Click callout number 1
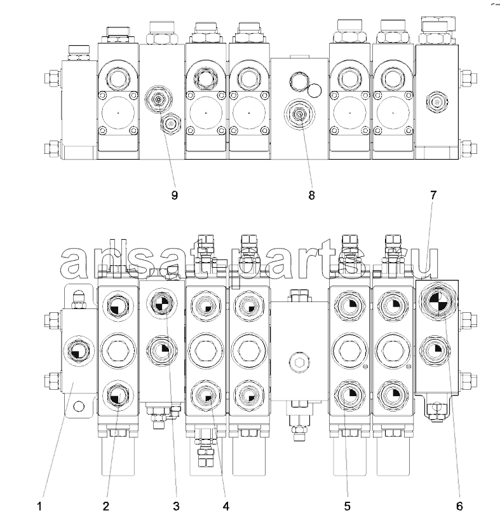(39, 506)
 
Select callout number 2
(106, 506)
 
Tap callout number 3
(176, 506)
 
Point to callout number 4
(226, 506)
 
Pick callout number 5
(348, 506)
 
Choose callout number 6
(459, 506)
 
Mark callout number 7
(433, 195)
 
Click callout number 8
(311, 195)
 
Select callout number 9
(174, 195)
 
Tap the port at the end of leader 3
(162, 303)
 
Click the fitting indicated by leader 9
(159, 99)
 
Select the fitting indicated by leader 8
(299, 114)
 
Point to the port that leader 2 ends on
(116, 396)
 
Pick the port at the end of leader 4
(206, 396)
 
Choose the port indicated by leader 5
(349, 396)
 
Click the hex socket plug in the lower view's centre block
(299, 362)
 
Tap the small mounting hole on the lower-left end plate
(78, 406)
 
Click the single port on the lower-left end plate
(78, 351)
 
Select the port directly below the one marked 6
(435, 350)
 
